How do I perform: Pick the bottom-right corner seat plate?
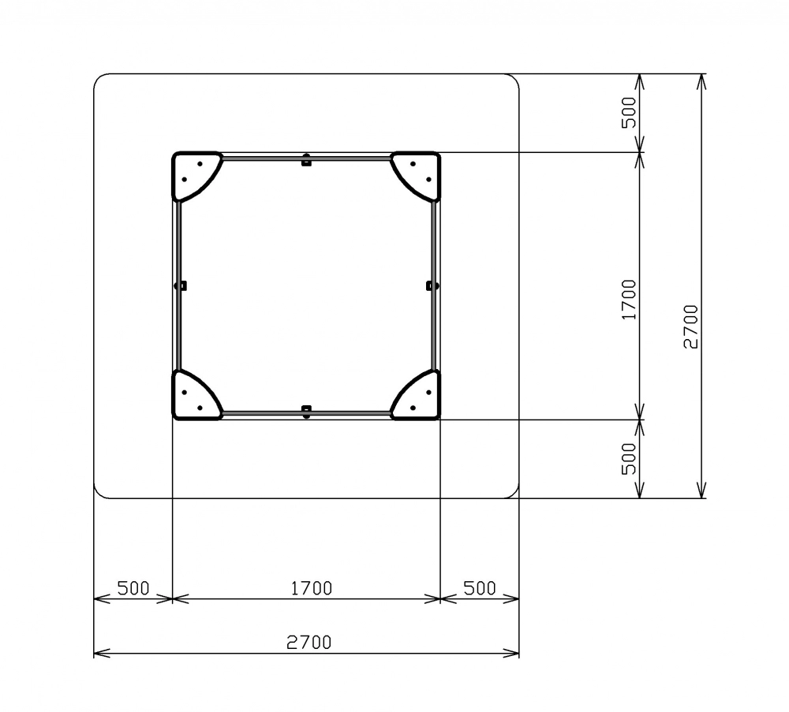(x=421, y=399)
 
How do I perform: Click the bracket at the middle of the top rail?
(x=306, y=160)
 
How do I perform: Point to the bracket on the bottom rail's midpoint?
(x=306, y=412)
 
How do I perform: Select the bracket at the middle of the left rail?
(x=181, y=285)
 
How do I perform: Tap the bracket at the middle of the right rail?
(x=432, y=285)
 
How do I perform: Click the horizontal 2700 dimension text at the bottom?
(x=309, y=642)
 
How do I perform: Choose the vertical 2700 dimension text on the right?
(x=691, y=326)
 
